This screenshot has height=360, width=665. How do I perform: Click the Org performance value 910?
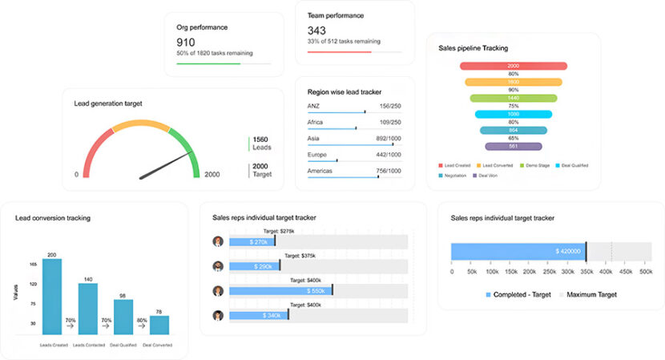point(185,42)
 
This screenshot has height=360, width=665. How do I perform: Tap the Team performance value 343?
point(316,30)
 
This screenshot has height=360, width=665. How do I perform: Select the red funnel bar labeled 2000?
point(513,66)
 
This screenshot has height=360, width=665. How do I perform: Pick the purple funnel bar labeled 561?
point(513,146)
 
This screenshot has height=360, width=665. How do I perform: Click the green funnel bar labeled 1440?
point(513,98)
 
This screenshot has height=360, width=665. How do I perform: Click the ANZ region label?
point(314,106)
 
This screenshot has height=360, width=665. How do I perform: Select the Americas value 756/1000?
point(389,170)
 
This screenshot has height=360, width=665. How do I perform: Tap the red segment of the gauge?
point(96,144)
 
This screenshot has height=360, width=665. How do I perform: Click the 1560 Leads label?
point(261,144)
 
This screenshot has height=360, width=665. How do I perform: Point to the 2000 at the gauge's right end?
point(212,174)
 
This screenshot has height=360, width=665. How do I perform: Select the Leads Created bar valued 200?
point(51,296)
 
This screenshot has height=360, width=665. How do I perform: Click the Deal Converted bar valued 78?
point(159,325)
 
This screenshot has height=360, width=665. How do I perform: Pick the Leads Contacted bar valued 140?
point(87,309)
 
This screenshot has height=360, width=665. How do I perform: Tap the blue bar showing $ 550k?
point(280,290)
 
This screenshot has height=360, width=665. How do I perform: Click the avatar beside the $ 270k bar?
point(217,241)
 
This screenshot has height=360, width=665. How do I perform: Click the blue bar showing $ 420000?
point(518,251)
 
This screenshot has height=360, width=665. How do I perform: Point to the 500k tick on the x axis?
point(645,272)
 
